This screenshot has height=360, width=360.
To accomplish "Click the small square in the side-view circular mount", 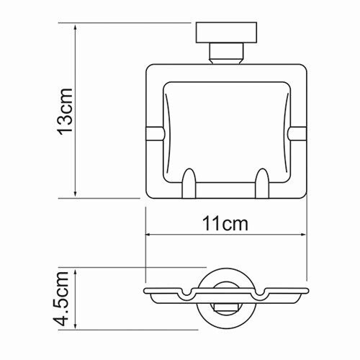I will tap(226, 311).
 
